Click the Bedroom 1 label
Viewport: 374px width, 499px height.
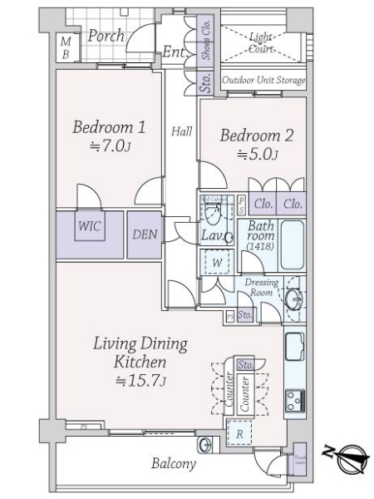tap(109, 128)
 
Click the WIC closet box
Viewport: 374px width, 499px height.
tap(90, 225)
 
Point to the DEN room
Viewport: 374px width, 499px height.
tap(145, 234)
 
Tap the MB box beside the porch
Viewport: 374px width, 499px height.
tap(66, 47)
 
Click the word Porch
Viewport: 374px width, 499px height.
tap(106, 36)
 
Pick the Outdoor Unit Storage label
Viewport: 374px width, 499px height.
tap(263, 81)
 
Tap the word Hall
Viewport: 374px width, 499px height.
tap(182, 131)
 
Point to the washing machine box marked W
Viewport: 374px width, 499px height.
tap(216, 262)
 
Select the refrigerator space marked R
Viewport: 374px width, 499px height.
tap(239, 432)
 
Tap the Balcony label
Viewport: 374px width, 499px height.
tap(173, 464)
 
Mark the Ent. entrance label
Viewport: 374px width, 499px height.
tap(174, 52)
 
